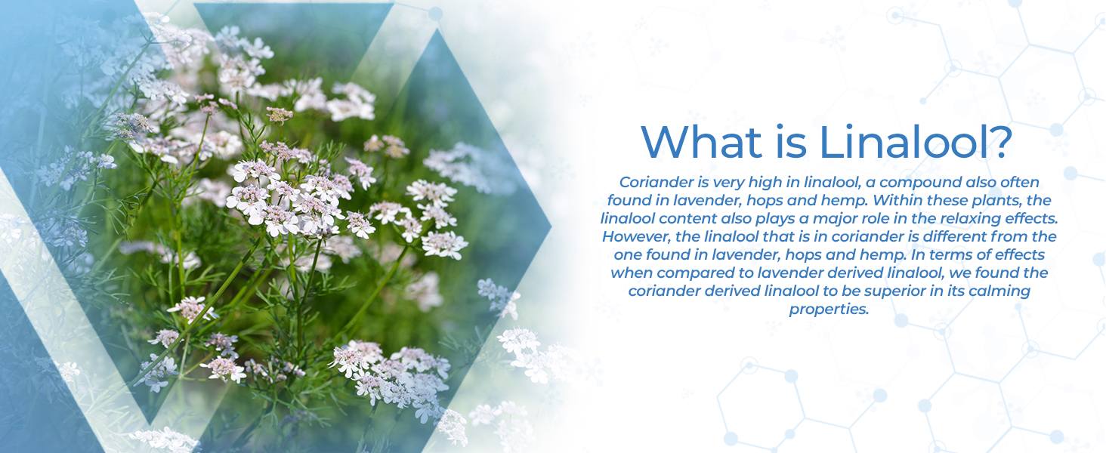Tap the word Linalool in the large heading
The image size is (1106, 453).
(x=900, y=141)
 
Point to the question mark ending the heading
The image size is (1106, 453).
(x=996, y=141)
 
